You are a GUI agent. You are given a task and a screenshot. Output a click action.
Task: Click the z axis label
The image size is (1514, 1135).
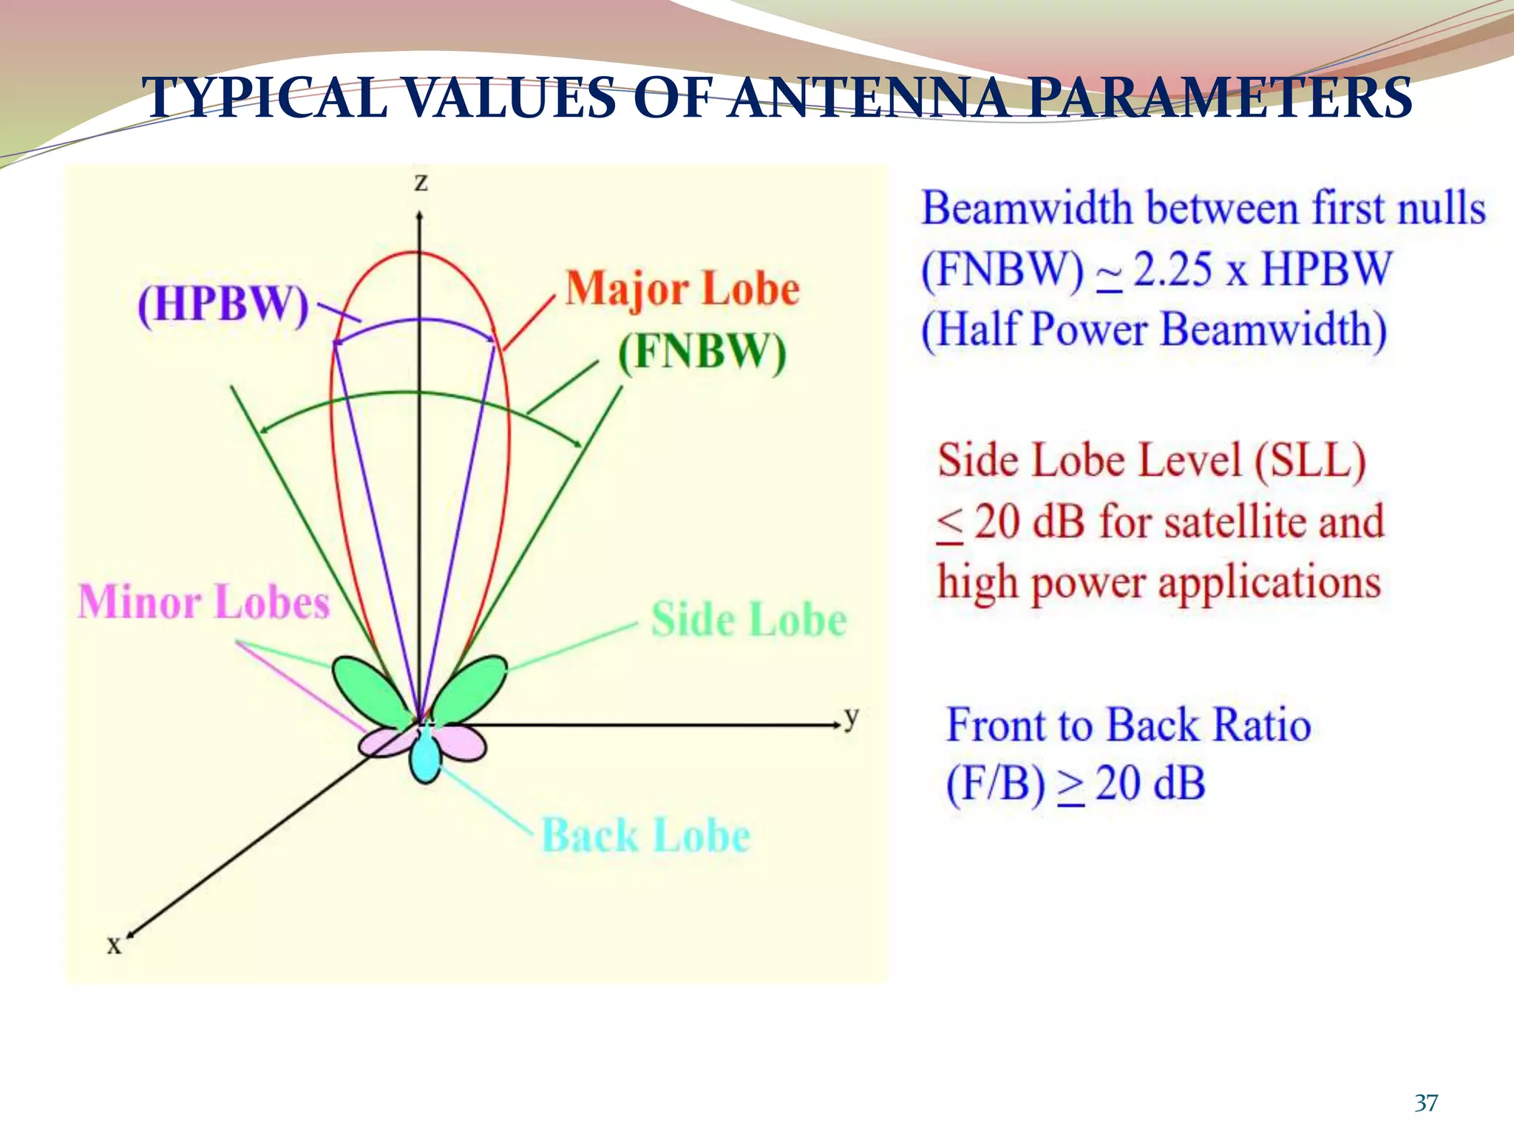pyautogui.click(x=421, y=182)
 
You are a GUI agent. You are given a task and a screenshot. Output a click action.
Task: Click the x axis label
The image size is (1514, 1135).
pyautogui.click(x=114, y=945)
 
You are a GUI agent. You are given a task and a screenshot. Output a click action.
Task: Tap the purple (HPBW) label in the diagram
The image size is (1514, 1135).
pyautogui.click(x=223, y=304)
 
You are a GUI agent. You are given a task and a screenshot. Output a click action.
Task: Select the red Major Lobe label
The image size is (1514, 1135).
pyautogui.click(x=682, y=288)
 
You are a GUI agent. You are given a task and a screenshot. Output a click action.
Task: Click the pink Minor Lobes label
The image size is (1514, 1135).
pyautogui.click(x=204, y=601)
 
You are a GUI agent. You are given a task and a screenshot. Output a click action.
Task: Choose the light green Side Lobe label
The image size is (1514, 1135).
pyautogui.click(x=749, y=619)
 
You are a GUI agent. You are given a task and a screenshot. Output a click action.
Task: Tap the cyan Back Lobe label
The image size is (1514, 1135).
pyautogui.click(x=646, y=836)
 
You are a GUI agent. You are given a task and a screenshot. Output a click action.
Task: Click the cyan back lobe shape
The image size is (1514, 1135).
pyautogui.click(x=425, y=757)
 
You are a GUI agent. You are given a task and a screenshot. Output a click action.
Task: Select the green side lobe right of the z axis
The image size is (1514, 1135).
pyautogui.click(x=471, y=689)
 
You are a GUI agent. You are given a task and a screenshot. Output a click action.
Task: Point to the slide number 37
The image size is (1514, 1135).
pyautogui.click(x=1426, y=1103)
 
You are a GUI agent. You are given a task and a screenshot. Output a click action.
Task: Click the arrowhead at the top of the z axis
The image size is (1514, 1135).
pyautogui.click(x=419, y=216)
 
